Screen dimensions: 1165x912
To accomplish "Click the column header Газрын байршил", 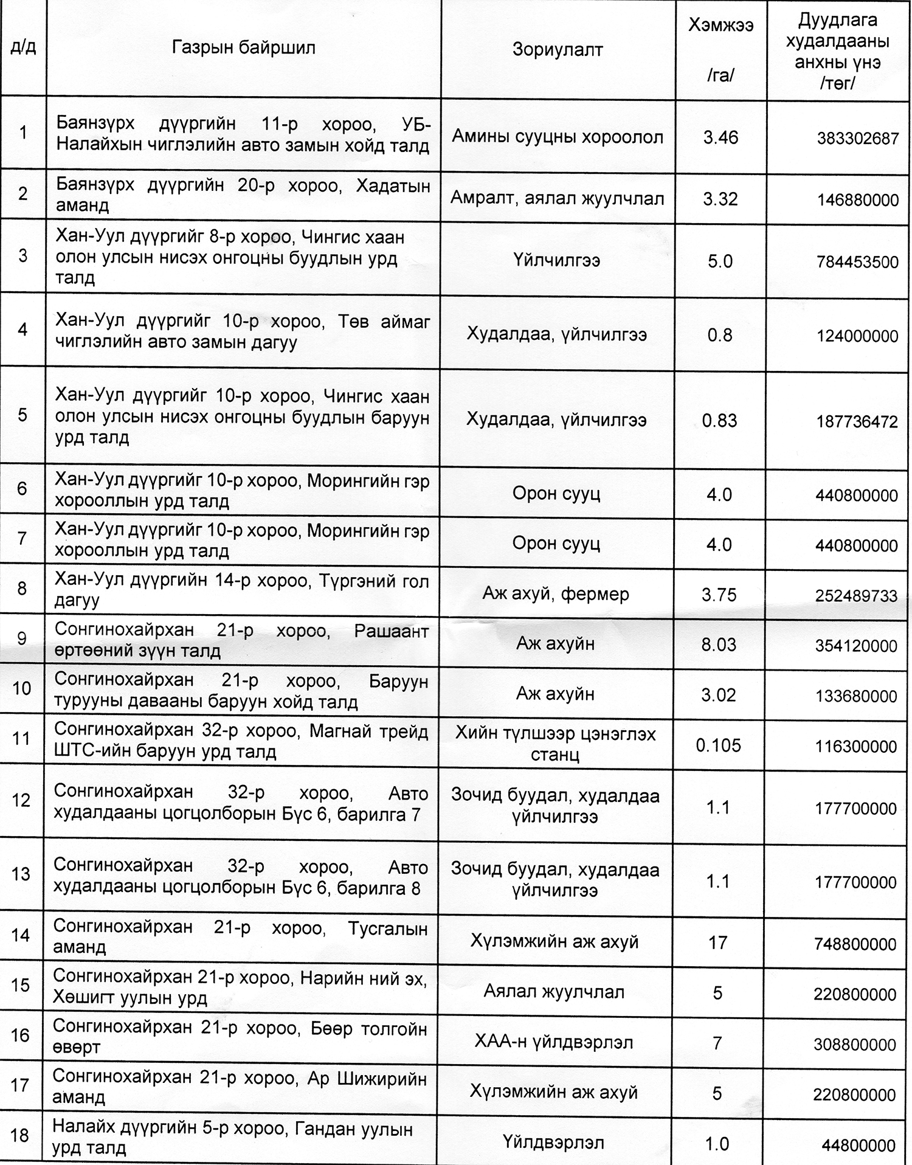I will [x=243, y=48].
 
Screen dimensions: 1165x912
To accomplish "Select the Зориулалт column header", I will [x=557, y=49].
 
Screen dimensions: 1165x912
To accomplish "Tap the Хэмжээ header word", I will [x=720, y=26].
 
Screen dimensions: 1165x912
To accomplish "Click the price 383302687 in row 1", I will [x=857, y=139].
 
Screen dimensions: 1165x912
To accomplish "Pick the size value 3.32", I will [x=720, y=199].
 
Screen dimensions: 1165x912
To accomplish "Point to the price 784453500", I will [x=857, y=262].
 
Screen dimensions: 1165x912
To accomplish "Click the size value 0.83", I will [x=719, y=420].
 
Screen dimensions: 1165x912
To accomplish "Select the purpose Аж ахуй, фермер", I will [x=556, y=594].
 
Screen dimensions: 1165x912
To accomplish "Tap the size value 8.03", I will [x=719, y=645].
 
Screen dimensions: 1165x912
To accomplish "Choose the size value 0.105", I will [x=718, y=745].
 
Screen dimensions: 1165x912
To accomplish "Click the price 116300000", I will [x=855, y=747].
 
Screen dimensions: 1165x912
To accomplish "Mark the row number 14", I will [x=21, y=935].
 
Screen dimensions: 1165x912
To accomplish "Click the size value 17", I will [x=717, y=942].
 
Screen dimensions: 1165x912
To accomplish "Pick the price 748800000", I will [x=855, y=944].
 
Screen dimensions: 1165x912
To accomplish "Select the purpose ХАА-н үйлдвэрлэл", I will [x=553, y=1042].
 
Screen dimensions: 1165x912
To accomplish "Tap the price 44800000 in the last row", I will [x=858, y=1146].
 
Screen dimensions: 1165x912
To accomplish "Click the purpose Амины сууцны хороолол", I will [x=557, y=137].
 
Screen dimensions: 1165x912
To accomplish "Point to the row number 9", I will [x=22, y=638].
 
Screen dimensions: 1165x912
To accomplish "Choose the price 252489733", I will [x=856, y=596].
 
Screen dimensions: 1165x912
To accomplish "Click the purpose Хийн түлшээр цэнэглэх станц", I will [x=555, y=744].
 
